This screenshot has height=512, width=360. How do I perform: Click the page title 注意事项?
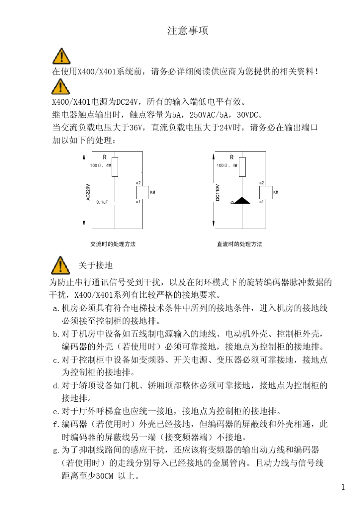[188, 31]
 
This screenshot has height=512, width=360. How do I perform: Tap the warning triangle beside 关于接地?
[61, 265]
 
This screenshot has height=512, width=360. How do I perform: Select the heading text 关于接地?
[95, 265]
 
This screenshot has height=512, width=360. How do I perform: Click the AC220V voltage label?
[88, 192]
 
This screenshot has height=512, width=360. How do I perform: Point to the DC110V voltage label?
[218, 192]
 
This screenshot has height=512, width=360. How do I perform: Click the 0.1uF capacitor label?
[102, 202]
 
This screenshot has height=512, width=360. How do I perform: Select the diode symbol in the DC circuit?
[242, 200]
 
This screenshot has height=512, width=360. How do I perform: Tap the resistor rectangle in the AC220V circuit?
[115, 167]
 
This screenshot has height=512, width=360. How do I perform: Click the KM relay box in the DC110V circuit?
[265, 192]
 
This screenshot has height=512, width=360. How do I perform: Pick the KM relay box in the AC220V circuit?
[142, 192]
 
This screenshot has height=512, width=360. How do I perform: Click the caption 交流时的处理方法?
[113, 244]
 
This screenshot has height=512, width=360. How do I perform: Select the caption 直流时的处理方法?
[239, 244]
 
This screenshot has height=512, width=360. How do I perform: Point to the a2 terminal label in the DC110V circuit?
[261, 183]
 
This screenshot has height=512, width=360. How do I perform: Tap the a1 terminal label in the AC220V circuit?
[138, 202]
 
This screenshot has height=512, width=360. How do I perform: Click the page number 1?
[343, 487]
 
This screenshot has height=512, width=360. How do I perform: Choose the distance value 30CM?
[104, 476]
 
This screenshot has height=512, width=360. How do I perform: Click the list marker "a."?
[56, 308]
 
